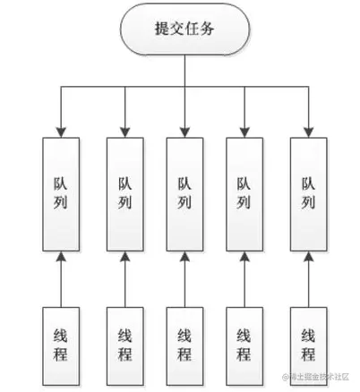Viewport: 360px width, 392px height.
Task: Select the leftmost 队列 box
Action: tap(61, 192)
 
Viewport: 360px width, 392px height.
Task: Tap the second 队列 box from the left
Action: tap(124, 192)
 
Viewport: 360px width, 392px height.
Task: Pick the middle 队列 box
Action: tap(184, 192)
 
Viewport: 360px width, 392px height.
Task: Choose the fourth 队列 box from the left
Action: tap(244, 192)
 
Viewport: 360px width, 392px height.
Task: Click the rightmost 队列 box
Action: tap(307, 192)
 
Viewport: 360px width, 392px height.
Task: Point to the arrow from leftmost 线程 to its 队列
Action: tap(61, 279)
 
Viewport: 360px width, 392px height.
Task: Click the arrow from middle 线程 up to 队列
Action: tap(184, 279)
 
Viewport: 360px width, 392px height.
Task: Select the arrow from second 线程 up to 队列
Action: tap(124, 279)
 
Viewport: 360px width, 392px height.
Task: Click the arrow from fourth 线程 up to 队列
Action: tap(244, 279)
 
